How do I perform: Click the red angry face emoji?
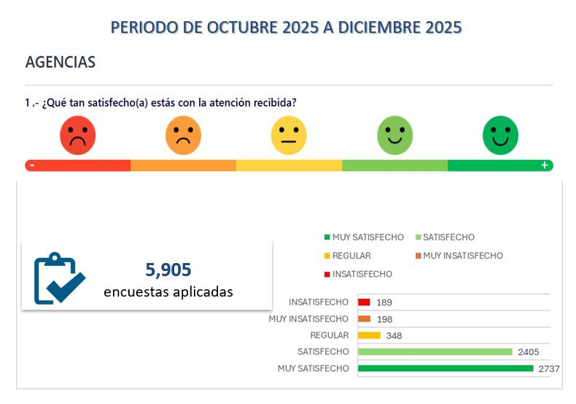pyautogui.click(x=78, y=136)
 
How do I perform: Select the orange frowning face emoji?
pyautogui.click(x=183, y=136)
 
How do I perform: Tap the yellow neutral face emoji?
pyautogui.click(x=289, y=136)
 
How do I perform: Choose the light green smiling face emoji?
pyautogui.click(x=394, y=136)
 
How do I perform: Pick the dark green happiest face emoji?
pyautogui.click(x=500, y=136)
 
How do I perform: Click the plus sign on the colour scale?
pyautogui.click(x=544, y=165)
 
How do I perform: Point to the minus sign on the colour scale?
pyautogui.click(x=32, y=165)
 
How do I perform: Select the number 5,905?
pyautogui.click(x=168, y=270)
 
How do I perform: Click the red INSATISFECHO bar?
pyautogui.click(x=364, y=302)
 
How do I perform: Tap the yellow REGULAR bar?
pyautogui.click(x=369, y=335)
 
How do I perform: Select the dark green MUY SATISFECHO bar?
pyautogui.click(x=445, y=368)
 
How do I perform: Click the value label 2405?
pyautogui.click(x=528, y=352)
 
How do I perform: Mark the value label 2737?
pyautogui.click(x=548, y=369)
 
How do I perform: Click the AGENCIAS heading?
pyautogui.click(x=61, y=62)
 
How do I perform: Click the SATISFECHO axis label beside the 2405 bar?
pyautogui.click(x=323, y=351)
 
